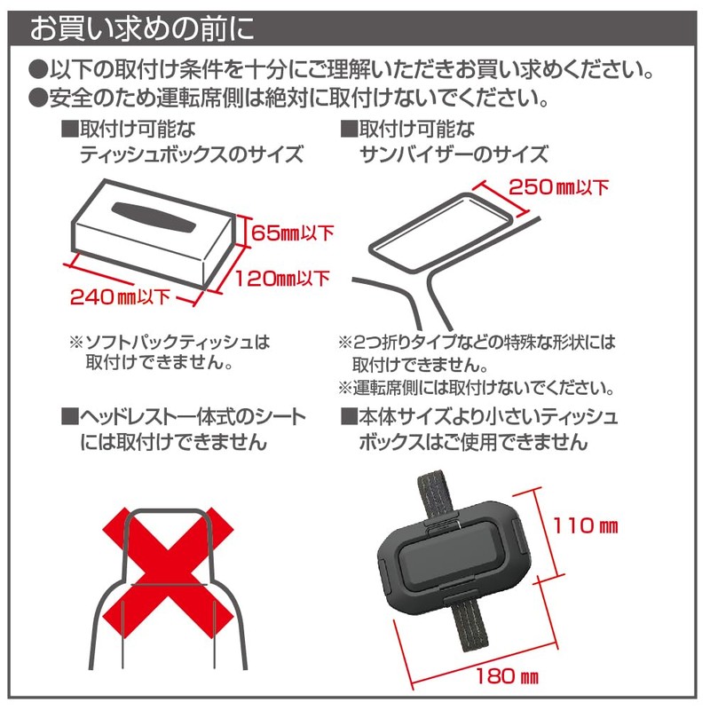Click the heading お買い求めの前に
tap(142, 29)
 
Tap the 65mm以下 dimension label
tap(292, 234)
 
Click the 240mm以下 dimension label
tap(119, 296)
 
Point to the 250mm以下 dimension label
tap(559, 186)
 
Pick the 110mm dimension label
tap(582, 525)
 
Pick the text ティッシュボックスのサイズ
tap(191, 154)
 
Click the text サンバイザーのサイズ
tap(453, 154)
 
